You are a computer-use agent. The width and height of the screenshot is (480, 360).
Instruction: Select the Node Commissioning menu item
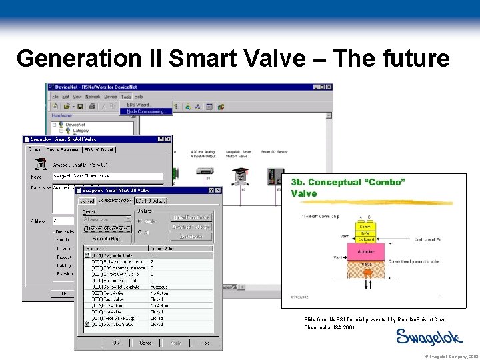click(145, 111)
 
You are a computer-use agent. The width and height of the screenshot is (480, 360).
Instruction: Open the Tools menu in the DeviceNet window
click(126, 97)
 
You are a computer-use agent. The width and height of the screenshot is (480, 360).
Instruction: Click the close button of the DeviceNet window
click(329, 87)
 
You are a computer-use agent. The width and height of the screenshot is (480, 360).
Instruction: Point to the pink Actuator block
click(366, 252)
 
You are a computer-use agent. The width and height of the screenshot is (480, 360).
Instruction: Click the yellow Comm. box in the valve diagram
click(365, 227)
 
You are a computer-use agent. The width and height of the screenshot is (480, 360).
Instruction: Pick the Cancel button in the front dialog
click(145, 343)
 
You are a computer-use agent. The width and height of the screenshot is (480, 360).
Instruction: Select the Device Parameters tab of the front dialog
click(115, 201)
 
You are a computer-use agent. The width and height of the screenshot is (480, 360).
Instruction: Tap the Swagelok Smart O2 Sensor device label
click(274, 154)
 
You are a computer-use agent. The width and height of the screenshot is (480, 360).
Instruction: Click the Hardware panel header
click(62, 115)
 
